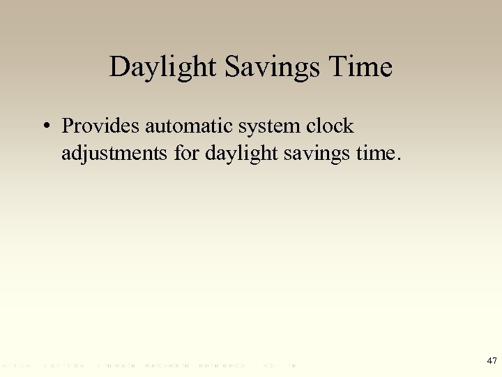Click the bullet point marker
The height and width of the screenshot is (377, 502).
click(44, 127)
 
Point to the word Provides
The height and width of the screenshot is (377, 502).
click(101, 126)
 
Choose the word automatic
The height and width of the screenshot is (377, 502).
click(188, 126)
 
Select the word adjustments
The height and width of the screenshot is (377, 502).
click(115, 152)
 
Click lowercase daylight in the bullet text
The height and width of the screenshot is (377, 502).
click(241, 152)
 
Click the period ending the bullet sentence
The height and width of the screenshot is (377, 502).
click(399, 158)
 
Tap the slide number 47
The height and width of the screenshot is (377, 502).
click(492, 361)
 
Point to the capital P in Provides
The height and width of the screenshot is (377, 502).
click(68, 126)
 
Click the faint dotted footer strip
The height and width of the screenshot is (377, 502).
click(150, 365)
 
